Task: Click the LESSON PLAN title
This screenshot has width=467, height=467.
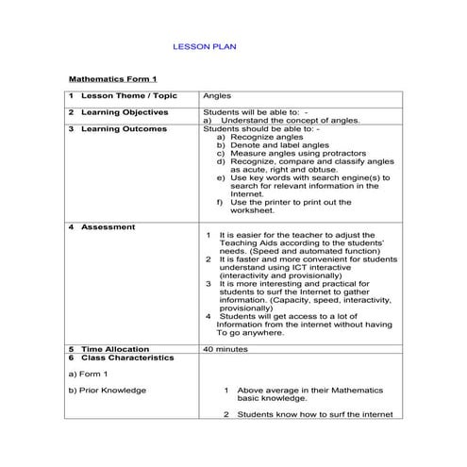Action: [x=208, y=45]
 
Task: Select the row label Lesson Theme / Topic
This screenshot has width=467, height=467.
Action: [x=128, y=95]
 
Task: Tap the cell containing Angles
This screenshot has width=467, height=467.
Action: [x=216, y=95]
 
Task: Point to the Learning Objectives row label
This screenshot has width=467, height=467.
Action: [x=125, y=112]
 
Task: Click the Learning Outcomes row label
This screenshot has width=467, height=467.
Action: [x=124, y=128]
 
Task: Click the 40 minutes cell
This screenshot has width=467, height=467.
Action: [x=225, y=348]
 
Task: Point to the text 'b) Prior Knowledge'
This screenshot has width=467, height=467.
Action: [x=108, y=390]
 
